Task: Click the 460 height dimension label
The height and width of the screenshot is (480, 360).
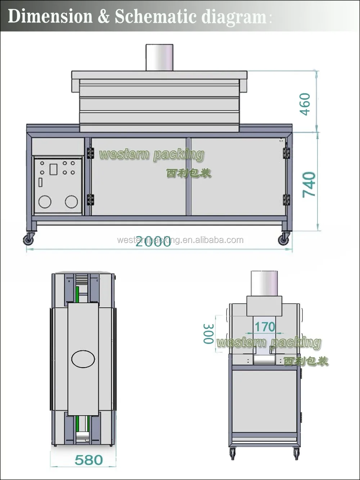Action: click(305, 104)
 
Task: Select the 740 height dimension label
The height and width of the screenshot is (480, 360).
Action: click(309, 185)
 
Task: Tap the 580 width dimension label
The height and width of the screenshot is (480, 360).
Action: click(89, 460)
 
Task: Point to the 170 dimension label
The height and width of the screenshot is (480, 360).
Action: click(265, 327)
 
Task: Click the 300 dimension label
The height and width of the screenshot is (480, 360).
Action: click(208, 334)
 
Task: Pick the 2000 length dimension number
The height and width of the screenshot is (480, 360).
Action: click(153, 242)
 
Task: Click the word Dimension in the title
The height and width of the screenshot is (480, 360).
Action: click(50, 17)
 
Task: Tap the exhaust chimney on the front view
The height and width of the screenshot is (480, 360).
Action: click(159, 57)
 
